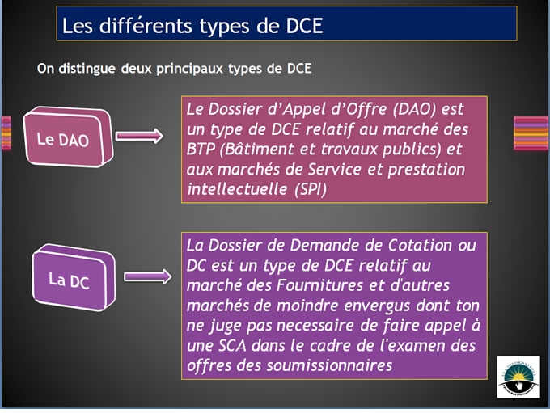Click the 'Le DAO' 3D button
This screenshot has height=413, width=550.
pyautogui.click(x=69, y=137)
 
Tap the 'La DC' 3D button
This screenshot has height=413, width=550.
pyautogui.click(x=74, y=278)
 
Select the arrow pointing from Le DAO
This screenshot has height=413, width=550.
pyautogui.click(x=139, y=136)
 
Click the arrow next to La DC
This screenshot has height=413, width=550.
pyautogui.click(x=148, y=276)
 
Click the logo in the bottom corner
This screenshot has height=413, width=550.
pyautogui.click(x=518, y=377)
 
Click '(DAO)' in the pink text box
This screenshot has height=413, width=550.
pyautogui.click(x=414, y=109)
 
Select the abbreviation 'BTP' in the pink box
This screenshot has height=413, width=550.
pyautogui.click(x=201, y=149)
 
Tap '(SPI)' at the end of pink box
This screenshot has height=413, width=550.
pyautogui.click(x=311, y=189)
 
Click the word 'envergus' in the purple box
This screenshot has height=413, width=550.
pyautogui.click(x=378, y=306)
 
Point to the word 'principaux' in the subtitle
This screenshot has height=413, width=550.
pyautogui.click(x=190, y=69)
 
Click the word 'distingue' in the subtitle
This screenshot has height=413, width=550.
pyautogui.click(x=87, y=69)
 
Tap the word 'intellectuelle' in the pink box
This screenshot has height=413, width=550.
pyautogui.click(x=237, y=189)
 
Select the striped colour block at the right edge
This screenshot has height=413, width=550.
pyautogui.click(x=531, y=133)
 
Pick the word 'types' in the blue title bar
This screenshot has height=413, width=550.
pyautogui.click(x=225, y=27)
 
